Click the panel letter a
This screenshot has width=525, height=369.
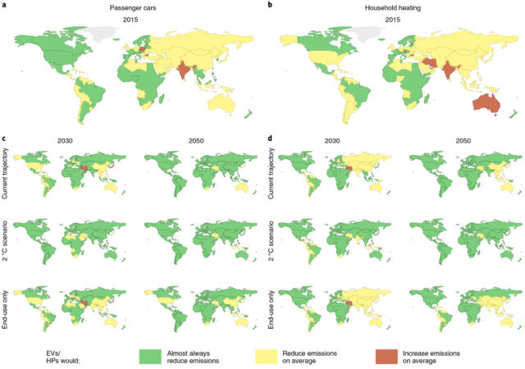pos(4,4)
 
